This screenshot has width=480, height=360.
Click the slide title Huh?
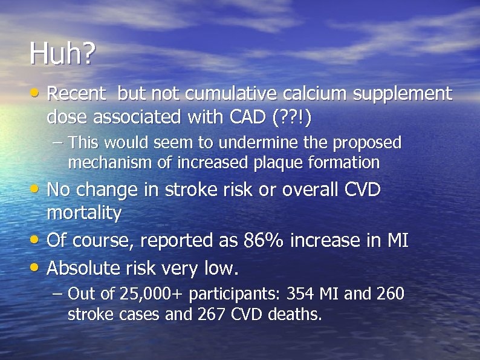[x=62, y=55]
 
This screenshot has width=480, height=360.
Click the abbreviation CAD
[x=244, y=117]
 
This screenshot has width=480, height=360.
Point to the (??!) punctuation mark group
[x=292, y=117]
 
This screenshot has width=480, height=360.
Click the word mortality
[x=84, y=213]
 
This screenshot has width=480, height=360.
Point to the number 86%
[x=264, y=241]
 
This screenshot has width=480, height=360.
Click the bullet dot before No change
[x=37, y=190]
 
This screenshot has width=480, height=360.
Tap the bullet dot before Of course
[x=37, y=241]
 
